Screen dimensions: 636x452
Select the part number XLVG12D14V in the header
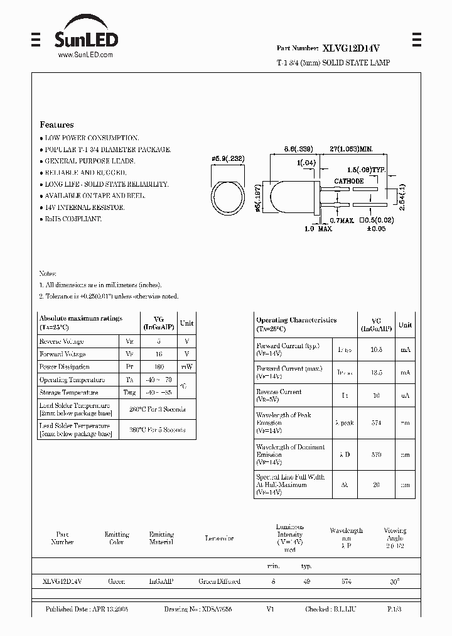tap(352, 47)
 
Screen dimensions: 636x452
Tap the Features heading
tap(56, 124)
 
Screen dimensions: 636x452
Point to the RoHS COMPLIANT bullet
tap(70, 219)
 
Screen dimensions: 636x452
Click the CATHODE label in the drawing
tap(348, 181)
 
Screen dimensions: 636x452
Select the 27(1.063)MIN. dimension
tap(352, 148)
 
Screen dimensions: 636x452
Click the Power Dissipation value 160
tap(158, 367)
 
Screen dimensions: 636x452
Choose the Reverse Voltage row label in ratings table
tap(62, 341)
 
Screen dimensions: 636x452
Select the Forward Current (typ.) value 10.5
tap(376, 349)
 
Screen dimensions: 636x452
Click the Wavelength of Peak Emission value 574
tap(376, 423)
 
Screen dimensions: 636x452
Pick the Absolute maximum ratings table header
tap(80, 322)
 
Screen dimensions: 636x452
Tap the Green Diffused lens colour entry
tap(219, 581)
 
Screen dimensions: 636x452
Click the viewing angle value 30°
tap(394, 582)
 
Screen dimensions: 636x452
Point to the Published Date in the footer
tap(87, 610)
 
